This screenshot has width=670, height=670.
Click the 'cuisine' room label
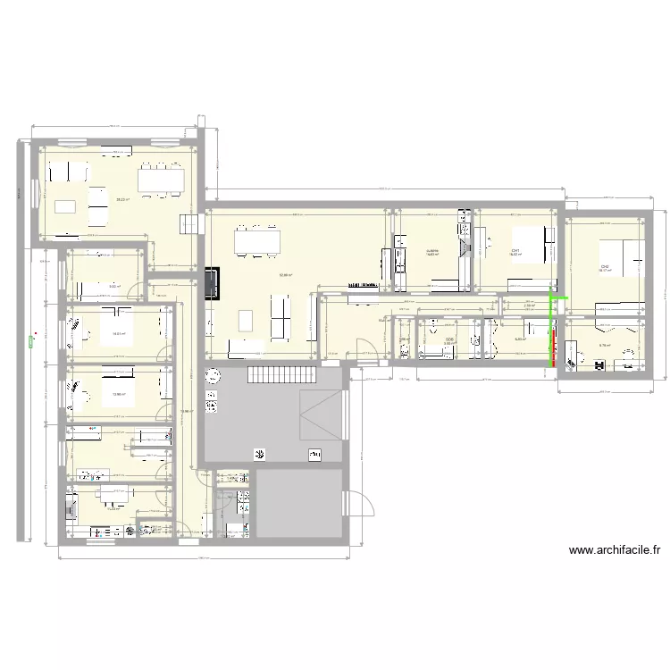(x=433, y=251)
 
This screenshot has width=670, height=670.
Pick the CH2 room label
(x=605, y=267)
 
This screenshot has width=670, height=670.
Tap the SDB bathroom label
(x=449, y=339)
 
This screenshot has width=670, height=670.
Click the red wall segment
(x=553, y=348)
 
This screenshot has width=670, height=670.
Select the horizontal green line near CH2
(x=558, y=297)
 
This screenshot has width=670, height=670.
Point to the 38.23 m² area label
(x=122, y=200)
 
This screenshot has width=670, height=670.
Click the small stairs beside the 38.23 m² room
(x=188, y=223)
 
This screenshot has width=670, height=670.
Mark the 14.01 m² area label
(x=118, y=334)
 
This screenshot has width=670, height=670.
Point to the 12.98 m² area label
(x=118, y=394)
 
